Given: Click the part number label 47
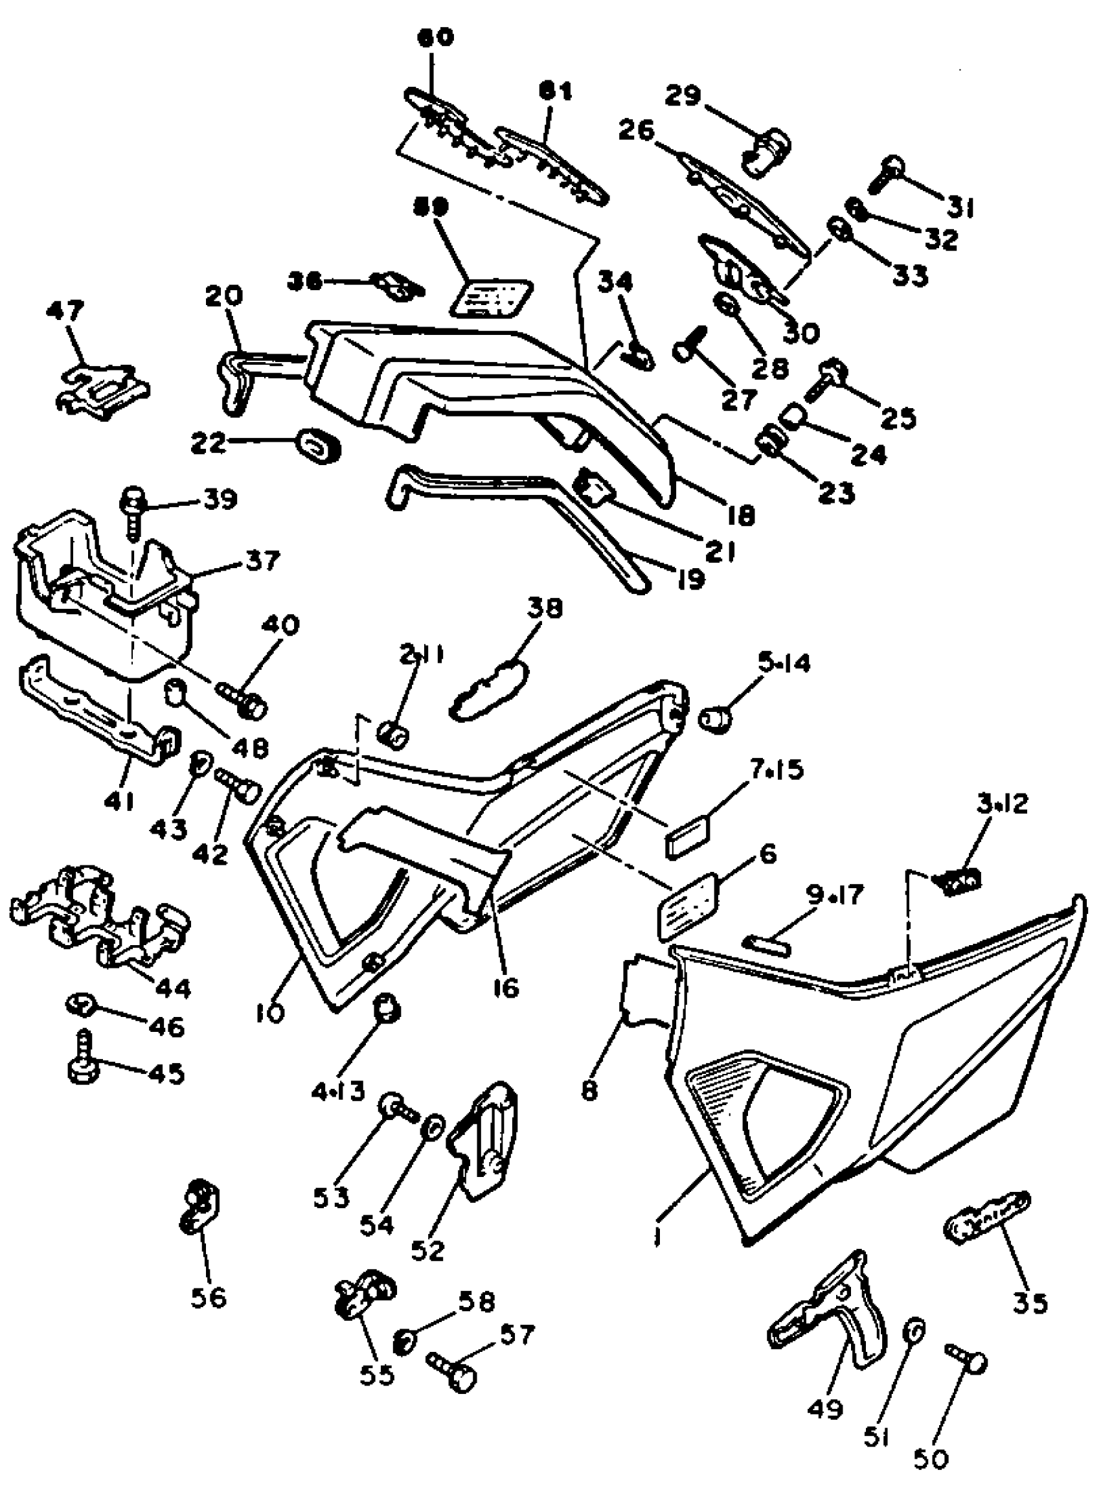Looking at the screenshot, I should pos(65,310).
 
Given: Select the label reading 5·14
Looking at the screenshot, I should pos(784,663).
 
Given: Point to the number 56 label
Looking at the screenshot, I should pos(208,1297).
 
